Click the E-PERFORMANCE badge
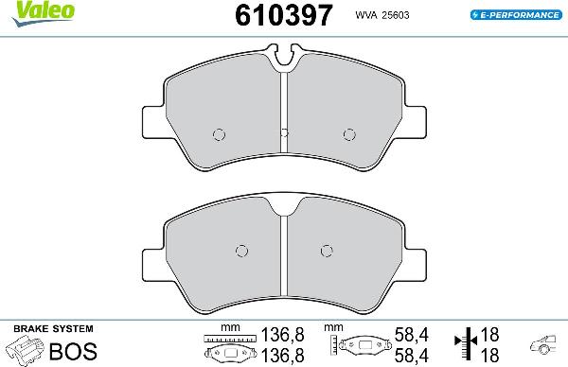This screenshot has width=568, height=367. [517, 15]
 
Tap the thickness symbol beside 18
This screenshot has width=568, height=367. [465, 345]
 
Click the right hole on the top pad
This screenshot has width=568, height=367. [348, 132]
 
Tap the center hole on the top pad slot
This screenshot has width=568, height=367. [284, 132]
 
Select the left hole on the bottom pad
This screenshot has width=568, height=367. [240, 251]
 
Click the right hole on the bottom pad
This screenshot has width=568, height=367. [327, 251]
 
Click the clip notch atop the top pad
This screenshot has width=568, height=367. [284, 63]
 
